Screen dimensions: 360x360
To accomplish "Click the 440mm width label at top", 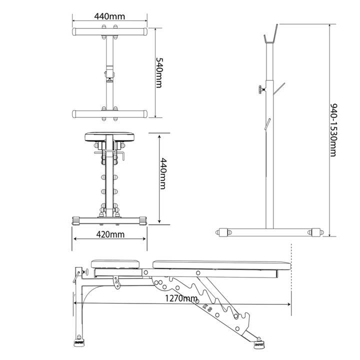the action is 109,16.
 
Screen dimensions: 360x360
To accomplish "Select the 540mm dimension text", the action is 159,72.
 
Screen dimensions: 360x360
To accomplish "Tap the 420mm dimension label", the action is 110,234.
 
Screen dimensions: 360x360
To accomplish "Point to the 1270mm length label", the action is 181,298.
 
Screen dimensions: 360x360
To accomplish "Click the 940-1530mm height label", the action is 333,130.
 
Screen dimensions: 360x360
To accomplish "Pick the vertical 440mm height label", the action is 163,173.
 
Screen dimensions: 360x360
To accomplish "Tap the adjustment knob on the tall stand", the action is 262,89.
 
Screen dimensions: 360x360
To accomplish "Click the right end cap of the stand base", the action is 316,232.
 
